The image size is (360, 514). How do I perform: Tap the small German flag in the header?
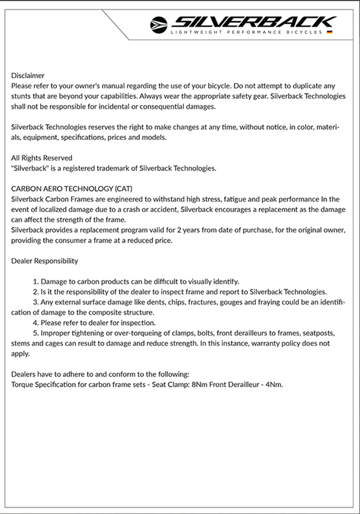pyautogui.click(x=329, y=32)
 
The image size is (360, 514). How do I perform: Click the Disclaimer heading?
pyautogui.click(x=28, y=76)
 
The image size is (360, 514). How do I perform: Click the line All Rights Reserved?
pyautogui.click(x=42, y=158)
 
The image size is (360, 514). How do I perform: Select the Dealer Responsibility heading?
pyautogui.click(x=45, y=261)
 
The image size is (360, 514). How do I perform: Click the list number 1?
pyautogui.click(x=35, y=281)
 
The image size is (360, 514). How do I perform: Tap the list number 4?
pyautogui.click(x=35, y=323)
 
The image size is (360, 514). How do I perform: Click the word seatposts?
pyautogui.click(x=315, y=333)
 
